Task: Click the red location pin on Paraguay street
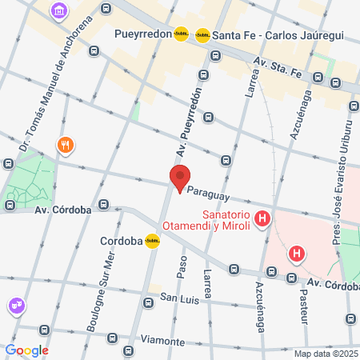180,178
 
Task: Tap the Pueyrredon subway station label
143,34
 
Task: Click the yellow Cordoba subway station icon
151,240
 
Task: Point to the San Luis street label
178,298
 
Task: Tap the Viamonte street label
162,340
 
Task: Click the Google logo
26,350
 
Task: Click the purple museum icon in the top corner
58,11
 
